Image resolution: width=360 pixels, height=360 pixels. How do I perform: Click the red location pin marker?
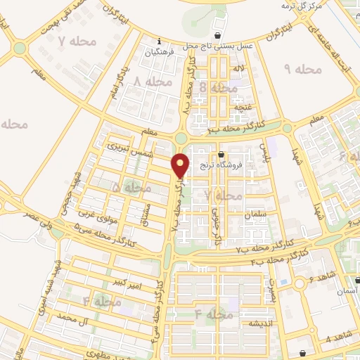click(181, 166)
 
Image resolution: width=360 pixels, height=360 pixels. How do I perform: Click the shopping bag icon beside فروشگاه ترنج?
click(221, 155)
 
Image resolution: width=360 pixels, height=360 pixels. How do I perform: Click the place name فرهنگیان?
click(158, 53)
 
